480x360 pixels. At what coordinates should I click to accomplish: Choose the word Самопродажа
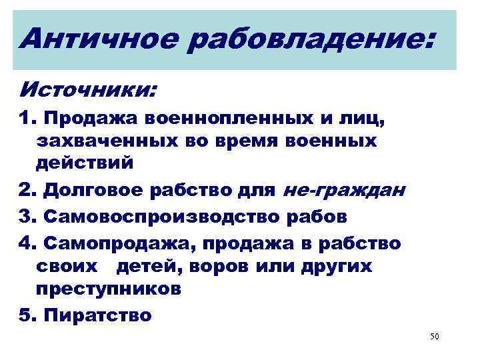[x=119, y=243]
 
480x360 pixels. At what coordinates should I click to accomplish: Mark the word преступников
[x=108, y=289]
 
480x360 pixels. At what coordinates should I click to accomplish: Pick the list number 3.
[x=25, y=217]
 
